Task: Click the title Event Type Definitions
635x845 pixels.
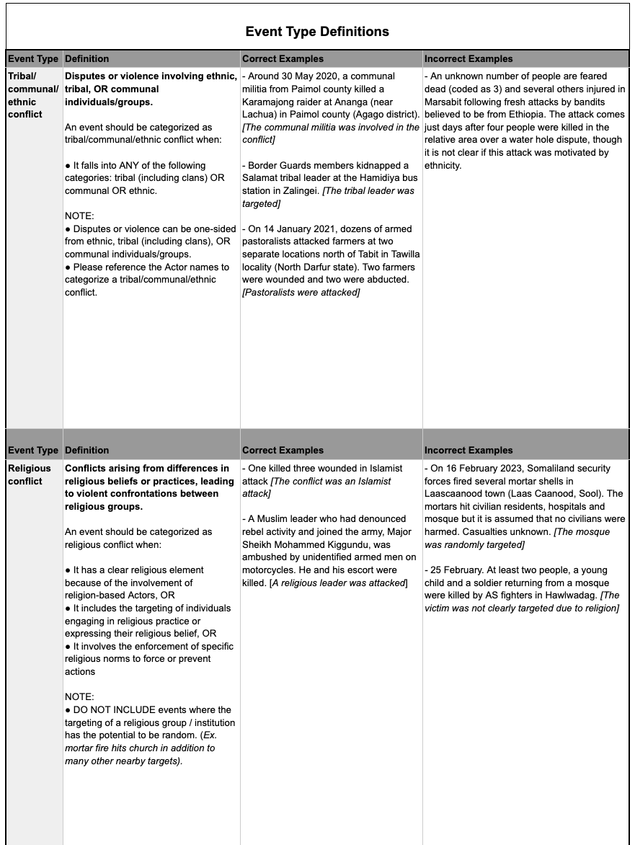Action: click(317, 32)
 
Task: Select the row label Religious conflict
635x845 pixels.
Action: click(30, 474)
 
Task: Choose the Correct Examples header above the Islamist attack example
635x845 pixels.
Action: click(283, 451)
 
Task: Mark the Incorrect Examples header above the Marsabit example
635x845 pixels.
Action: click(469, 58)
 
